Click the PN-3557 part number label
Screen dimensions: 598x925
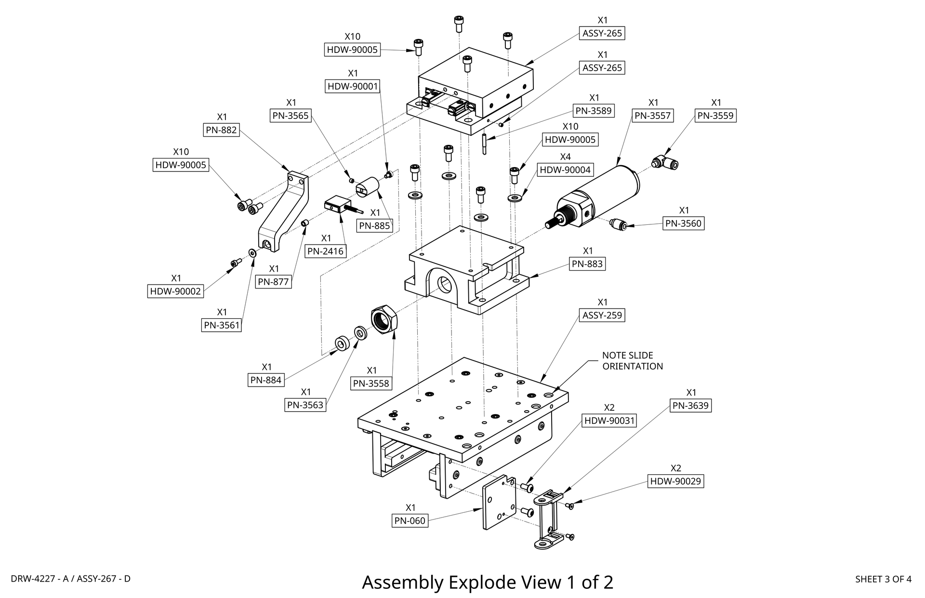click(x=653, y=116)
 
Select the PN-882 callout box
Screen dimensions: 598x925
click(x=222, y=130)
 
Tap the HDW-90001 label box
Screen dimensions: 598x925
click(x=353, y=86)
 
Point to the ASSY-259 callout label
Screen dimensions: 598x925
click(x=602, y=315)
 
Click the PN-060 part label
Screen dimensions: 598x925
click(x=410, y=520)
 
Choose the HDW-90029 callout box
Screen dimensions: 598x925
click(x=675, y=481)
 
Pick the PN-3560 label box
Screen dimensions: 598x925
click(x=684, y=223)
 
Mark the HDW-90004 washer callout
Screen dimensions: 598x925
click(x=565, y=170)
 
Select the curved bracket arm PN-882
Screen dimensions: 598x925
click(x=284, y=212)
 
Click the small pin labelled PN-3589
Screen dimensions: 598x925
click(x=484, y=144)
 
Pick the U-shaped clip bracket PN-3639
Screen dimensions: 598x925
click(x=549, y=520)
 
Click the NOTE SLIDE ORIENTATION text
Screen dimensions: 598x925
click(x=632, y=361)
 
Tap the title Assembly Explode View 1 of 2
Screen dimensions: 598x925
click(x=488, y=583)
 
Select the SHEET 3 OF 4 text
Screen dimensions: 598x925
click(x=883, y=579)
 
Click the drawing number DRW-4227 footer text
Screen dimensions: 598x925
click(x=70, y=579)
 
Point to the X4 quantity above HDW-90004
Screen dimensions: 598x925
click(x=565, y=157)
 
